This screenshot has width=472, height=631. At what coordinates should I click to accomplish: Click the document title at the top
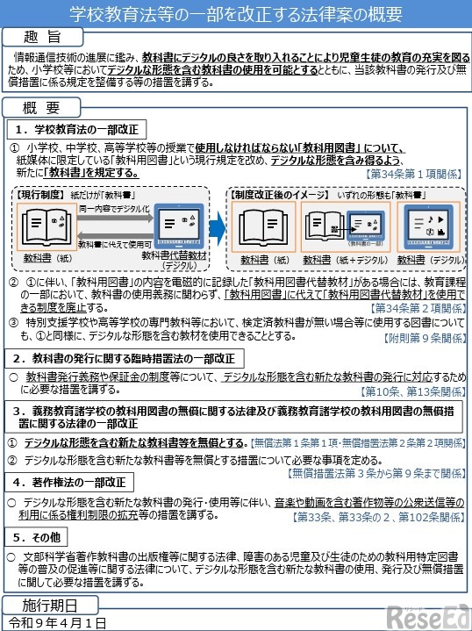pos(236,15)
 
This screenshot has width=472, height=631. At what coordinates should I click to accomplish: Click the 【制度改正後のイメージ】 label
pos(274,192)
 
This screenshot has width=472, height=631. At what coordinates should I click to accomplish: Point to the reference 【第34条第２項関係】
pos(415,309)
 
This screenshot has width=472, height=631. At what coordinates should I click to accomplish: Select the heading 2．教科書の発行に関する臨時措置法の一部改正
pos(123,358)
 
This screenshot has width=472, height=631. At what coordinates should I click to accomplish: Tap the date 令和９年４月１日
pos(55,622)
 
